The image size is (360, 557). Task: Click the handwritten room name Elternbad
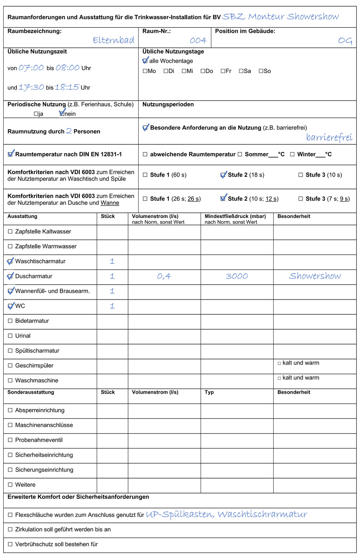113,40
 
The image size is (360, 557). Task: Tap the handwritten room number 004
198,40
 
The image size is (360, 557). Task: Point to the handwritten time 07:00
31,68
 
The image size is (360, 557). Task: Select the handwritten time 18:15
67,87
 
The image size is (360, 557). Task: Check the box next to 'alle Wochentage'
145,61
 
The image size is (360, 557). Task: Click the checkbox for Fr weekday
223,71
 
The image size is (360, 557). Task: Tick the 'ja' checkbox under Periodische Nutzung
36,114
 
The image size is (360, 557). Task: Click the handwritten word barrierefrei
329,137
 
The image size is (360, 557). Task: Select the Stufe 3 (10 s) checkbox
301,175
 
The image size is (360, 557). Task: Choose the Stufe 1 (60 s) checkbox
145,175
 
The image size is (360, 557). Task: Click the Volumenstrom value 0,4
164,276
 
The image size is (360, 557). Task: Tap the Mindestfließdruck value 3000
237,276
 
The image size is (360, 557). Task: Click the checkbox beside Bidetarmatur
10,321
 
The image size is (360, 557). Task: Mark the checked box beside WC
10,306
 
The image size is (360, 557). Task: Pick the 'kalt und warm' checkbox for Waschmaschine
279,378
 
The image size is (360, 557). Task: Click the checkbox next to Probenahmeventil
10,440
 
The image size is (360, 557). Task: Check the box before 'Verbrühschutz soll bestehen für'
10,544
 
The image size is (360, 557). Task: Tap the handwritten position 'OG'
345,40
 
